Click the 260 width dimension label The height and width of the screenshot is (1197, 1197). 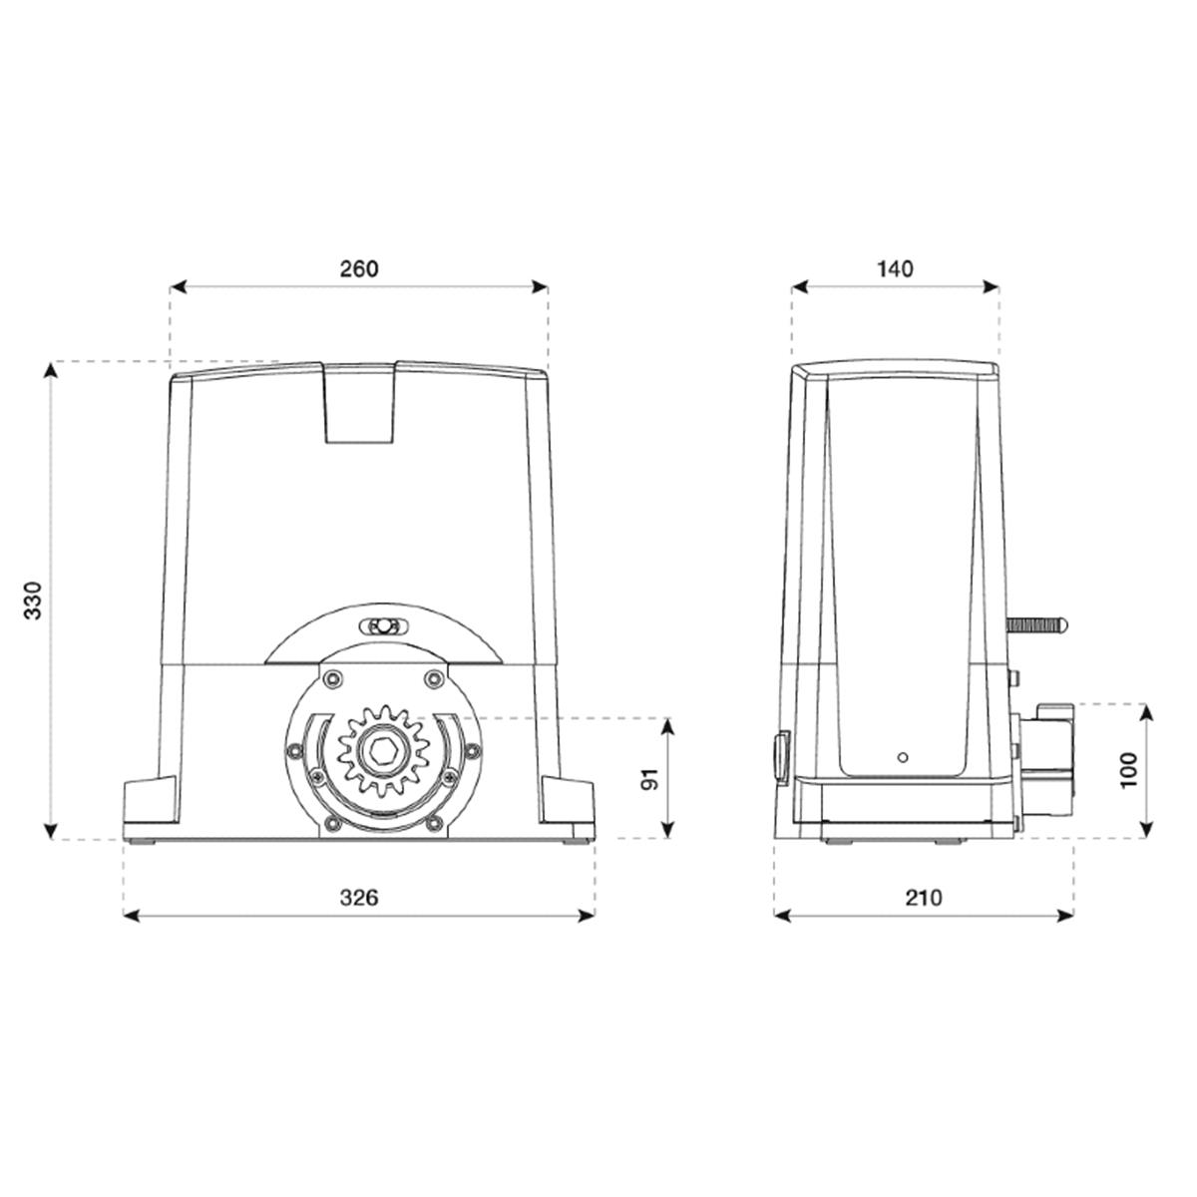tap(358, 269)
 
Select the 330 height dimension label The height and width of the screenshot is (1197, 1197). tap(33, 600)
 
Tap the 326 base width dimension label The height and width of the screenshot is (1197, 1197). tap(358, 898)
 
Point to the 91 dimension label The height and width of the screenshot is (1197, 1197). tap(649, 779)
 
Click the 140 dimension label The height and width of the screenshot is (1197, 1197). tap(895, 269)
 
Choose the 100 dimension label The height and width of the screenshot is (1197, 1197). tap(1128, 771)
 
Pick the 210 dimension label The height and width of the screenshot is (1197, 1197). tap(924, 898)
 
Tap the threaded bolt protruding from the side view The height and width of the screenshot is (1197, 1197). tap(1036, 624)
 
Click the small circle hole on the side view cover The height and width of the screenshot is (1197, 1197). tap(903, 757)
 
